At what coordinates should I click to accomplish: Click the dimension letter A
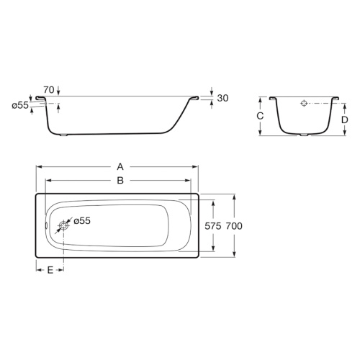(120, 166)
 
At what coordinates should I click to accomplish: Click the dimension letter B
(120, 180)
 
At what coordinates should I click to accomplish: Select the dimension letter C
(260, 116)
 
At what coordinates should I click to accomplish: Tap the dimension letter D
(345, 120)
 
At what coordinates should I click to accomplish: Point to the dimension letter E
(50, 270)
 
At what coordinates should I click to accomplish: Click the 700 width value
(234, 226)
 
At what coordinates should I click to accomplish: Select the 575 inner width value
(213, 226)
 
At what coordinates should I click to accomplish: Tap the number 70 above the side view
(49, 90)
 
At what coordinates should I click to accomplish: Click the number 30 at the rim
(222, 98)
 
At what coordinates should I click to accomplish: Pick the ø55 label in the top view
(82, 220)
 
